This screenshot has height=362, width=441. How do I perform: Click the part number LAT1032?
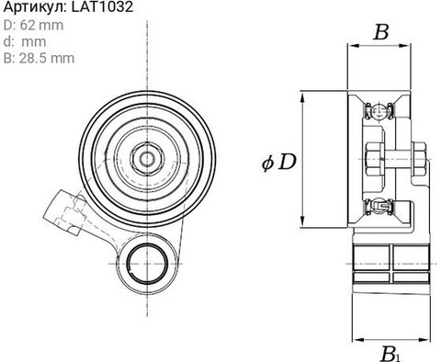[102, 7]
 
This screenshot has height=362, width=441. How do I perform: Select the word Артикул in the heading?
[34, 7]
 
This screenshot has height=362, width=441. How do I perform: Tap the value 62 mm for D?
[41, 25]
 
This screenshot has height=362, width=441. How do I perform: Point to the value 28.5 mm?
[47, 58]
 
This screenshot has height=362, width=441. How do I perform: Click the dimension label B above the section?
[381, 32]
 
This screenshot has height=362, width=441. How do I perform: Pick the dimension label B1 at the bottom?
[390, 354]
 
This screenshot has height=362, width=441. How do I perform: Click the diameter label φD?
[279, 163]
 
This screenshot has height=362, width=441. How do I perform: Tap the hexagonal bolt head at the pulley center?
[147, 159]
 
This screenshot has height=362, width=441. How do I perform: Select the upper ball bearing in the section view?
[379, 111]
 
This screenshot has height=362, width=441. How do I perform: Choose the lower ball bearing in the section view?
[379, 206]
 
